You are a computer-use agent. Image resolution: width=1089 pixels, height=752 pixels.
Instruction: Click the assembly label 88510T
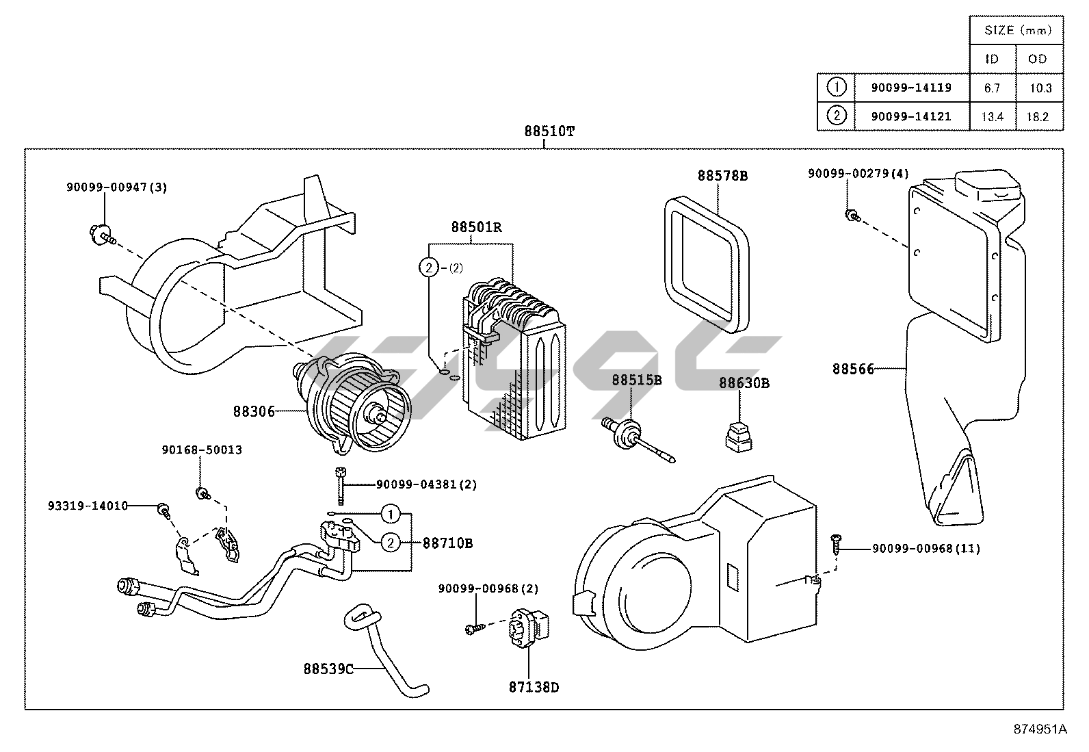549,131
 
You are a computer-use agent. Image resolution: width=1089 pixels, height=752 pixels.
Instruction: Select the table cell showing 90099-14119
911,88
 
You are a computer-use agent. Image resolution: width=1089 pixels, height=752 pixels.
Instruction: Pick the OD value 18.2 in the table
1038,117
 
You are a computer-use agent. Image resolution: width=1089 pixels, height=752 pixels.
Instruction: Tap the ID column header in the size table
992,59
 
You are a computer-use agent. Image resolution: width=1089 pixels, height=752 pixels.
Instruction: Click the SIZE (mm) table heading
1018,30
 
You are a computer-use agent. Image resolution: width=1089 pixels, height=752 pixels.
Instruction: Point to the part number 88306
254,411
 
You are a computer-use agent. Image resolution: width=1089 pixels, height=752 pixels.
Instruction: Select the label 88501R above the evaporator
476,227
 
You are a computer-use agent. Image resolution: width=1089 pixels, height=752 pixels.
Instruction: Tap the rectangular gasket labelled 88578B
707,265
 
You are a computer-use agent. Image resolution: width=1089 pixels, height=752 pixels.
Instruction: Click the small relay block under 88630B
739,438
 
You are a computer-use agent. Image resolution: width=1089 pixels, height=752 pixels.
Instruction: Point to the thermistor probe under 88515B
638,439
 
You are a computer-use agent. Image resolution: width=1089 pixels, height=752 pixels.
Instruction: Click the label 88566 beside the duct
853,369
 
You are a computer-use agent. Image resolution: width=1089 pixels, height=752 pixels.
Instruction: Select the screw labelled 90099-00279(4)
852,216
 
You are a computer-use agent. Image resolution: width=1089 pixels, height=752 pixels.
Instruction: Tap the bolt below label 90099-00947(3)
103,235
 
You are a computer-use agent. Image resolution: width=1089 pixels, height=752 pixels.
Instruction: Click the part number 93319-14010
88,506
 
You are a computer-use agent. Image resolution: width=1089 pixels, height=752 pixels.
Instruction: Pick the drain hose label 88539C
328,669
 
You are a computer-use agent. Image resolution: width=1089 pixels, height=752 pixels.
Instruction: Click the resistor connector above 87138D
529,631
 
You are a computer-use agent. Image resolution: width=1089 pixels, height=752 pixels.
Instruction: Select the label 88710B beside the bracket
448,543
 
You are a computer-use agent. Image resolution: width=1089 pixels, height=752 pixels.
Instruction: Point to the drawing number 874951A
1040,729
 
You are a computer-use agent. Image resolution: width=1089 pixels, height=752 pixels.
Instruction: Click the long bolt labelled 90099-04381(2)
341,485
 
